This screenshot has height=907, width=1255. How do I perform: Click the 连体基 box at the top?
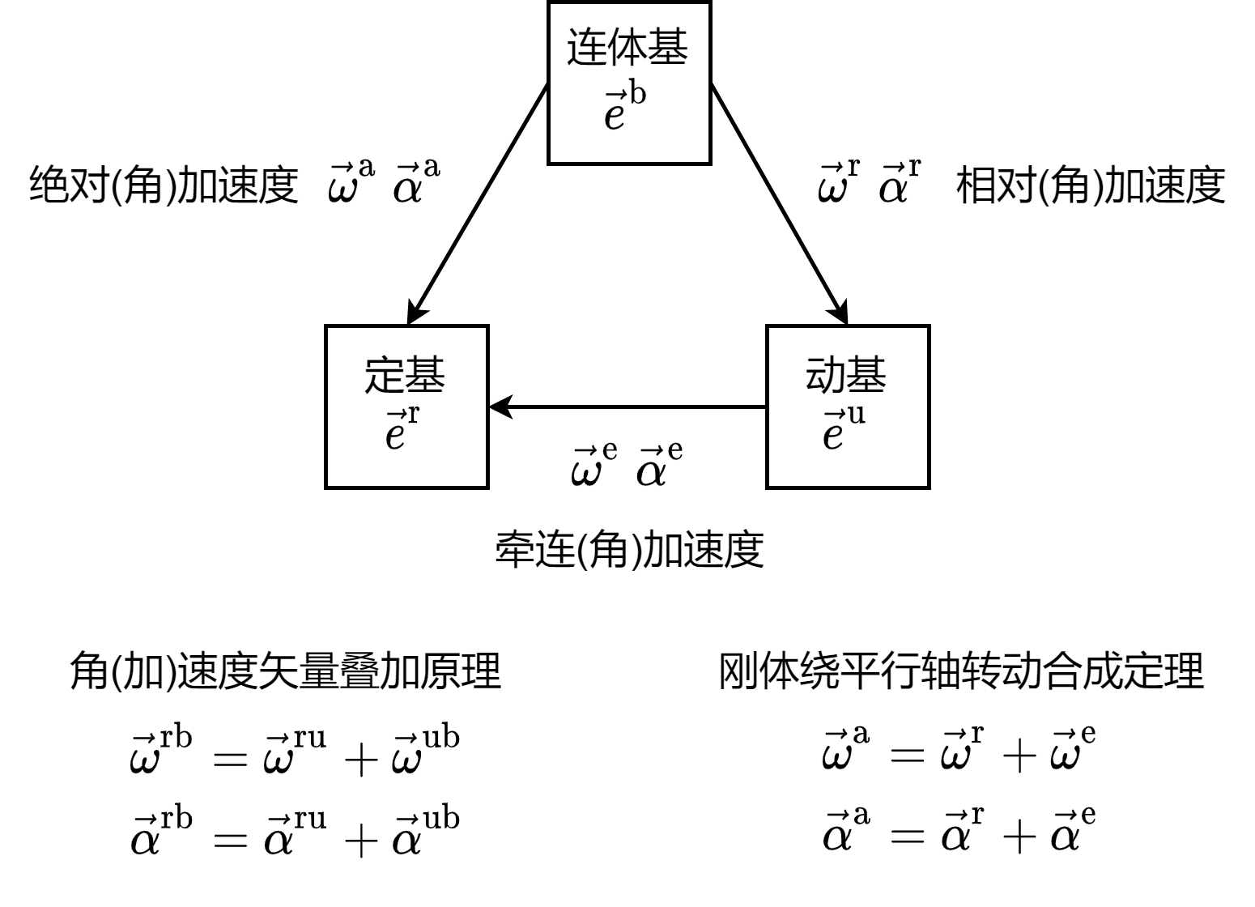629,83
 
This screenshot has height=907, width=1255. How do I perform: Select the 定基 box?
406,407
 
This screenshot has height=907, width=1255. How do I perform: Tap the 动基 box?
848,407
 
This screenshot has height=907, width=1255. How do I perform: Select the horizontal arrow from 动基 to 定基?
627,407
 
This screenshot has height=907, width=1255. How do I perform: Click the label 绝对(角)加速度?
164,185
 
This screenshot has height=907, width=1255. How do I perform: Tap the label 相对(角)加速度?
1091,185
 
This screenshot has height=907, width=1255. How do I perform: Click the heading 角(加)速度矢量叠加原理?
285,671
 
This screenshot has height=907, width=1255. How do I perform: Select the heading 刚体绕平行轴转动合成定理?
961,671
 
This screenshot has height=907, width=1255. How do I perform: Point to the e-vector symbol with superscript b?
624,109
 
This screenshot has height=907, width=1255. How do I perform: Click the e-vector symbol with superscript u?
843,429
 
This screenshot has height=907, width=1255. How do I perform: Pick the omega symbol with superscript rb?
161,753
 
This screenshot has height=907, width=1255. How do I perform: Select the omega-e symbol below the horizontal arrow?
593,466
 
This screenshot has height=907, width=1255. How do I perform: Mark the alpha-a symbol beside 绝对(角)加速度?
416,182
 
